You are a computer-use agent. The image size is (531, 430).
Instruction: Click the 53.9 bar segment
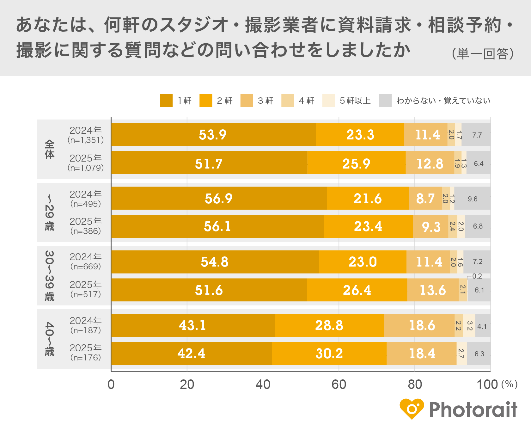tap(213, 135)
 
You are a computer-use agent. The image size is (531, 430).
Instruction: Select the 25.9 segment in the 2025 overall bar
tap(356, 163)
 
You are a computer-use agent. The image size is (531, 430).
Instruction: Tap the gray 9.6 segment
tap(473, 199)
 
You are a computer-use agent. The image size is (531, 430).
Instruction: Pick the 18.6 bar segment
tap(419, 325)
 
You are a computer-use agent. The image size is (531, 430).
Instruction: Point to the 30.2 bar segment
tap(329, 353)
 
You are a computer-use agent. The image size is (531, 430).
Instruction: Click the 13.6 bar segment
tap(433, 290)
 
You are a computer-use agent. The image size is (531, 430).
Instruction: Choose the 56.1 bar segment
tap(217, 226)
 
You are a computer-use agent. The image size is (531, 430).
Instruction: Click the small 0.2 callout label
tap(477, 276)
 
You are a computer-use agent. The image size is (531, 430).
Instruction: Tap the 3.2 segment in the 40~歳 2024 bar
tap(469, 325)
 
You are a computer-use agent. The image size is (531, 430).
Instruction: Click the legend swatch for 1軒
tap(166, 101)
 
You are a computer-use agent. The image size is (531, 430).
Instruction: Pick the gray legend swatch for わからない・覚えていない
tap(385, 101)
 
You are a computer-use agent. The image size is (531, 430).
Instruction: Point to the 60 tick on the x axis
tap(339, 384)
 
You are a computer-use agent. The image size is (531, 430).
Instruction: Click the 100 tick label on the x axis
tap(487, 384)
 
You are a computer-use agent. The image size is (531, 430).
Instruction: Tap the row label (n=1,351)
tap(86, 140)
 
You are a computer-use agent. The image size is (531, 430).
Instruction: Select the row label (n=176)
tap(86, 358)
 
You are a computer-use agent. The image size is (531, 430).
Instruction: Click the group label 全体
tap(50, 149)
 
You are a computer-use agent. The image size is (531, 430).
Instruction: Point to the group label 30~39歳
tap(50, 276)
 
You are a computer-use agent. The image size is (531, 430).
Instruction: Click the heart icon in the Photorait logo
tap(412, 409)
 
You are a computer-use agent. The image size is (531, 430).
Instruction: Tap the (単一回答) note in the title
tap(483, 54)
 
